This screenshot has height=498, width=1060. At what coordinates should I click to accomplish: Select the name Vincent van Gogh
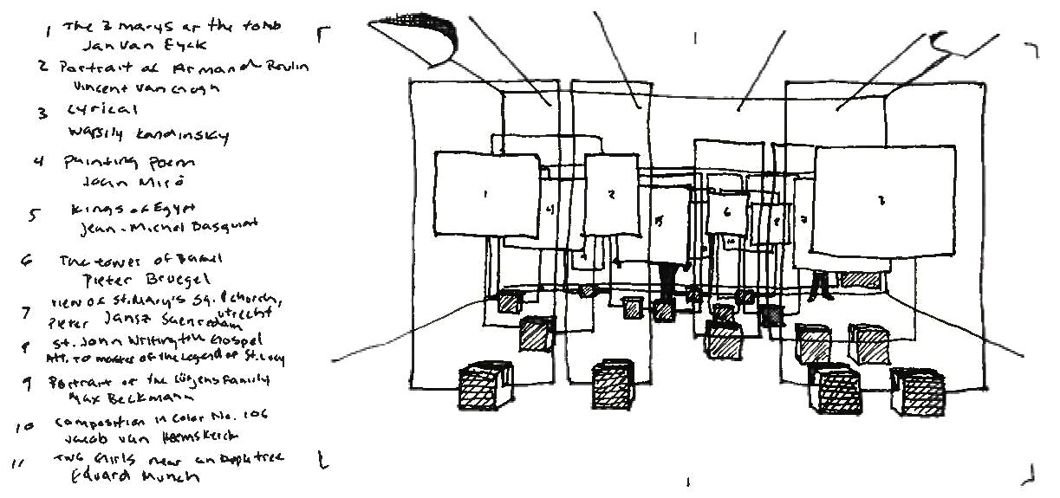[147, 87]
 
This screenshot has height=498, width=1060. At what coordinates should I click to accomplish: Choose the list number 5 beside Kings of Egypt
[31, 217]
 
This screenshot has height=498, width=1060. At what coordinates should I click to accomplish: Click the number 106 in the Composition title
[255, 416]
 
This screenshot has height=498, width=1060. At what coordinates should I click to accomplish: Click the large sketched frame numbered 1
[485, 194]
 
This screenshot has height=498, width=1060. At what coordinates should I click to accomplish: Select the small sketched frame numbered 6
[727, 211]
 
